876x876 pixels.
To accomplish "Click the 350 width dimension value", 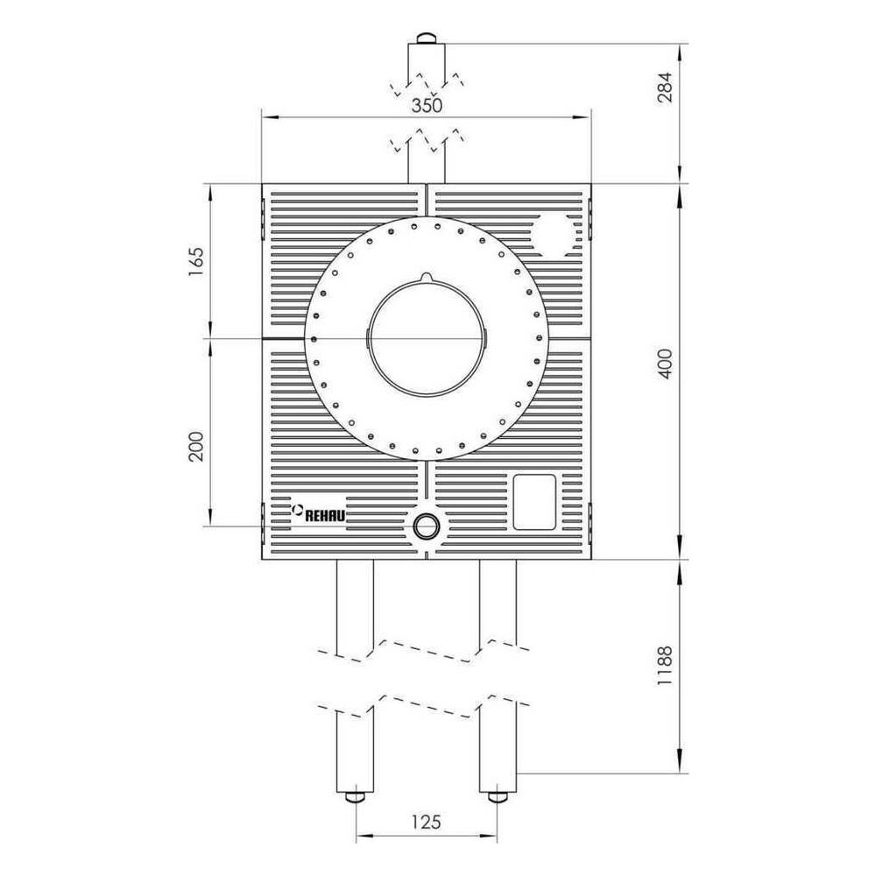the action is click(427, 105).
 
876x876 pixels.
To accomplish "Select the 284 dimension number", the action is click(665, 87).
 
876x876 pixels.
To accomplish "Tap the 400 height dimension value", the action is click(665, 364).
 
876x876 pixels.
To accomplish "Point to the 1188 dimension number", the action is click(665, 666).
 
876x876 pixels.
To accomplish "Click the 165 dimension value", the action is click(195, 261).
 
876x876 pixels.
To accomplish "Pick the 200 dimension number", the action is click(195, 446).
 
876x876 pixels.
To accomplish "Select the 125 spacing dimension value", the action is click(427, 822).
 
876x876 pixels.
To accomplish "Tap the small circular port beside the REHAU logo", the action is click(427, 526).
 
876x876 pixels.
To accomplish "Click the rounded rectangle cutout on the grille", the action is click(534, 502).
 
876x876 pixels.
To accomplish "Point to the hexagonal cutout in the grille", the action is click(555, 235).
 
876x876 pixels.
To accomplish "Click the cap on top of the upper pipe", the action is click(427, 39).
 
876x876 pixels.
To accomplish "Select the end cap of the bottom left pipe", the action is click(355, 796).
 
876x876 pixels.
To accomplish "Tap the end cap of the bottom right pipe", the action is click(498, 796).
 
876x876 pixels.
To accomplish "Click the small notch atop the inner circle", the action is click(427, 277).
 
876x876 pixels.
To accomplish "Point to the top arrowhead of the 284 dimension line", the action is click(680, 52).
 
